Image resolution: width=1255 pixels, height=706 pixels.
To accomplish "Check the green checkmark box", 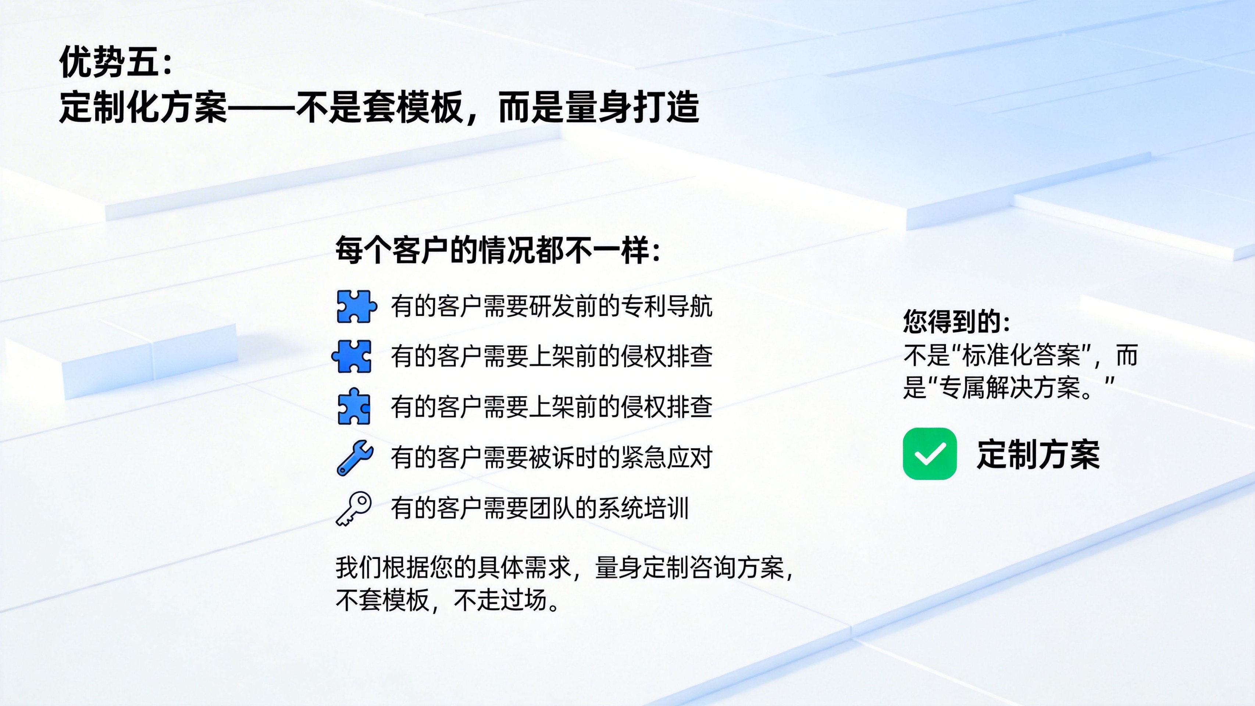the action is [x=930, y=454].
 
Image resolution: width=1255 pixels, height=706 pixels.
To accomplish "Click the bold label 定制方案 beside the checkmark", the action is [x=1038, y=454].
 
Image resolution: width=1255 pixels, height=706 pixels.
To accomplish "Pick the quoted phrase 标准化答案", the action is [x=1022, y=355].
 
